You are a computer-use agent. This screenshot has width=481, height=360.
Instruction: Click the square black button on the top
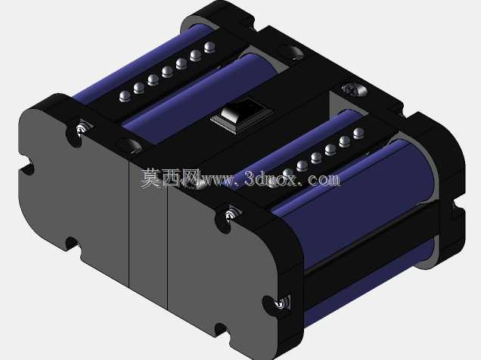242,116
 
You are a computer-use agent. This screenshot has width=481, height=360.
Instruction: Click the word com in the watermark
324,179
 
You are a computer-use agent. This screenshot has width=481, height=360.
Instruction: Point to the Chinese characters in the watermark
170,178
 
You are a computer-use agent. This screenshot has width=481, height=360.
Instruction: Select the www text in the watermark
217,180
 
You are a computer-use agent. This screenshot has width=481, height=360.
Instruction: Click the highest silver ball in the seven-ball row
209,47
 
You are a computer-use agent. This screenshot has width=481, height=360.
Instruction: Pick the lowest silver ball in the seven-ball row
126,96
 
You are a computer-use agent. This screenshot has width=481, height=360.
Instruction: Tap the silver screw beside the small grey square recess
354,89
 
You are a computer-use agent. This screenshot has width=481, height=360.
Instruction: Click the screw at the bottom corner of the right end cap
281,303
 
